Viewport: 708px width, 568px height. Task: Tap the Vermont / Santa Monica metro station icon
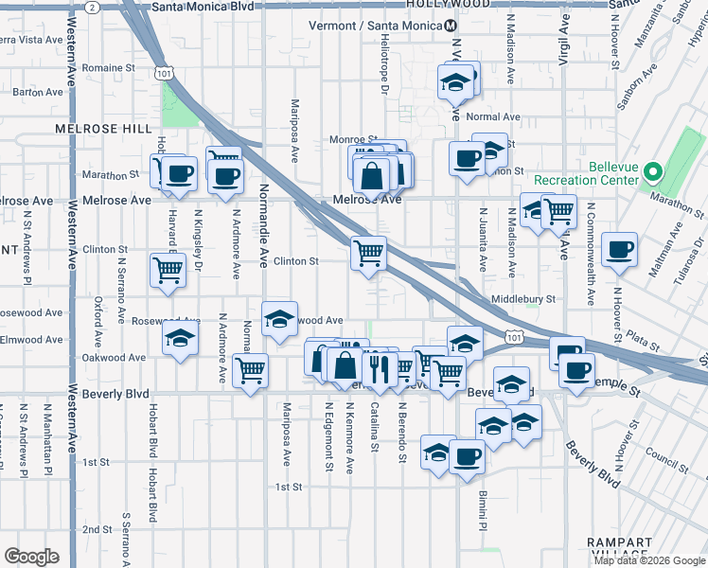pyautogui.click(x=451, y=25)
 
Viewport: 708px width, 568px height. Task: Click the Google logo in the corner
pyautogui.click(x=31, y=557)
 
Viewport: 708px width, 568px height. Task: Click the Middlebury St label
pyautogui.click(x=522, y=299)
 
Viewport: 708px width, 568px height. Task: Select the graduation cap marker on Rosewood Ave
pyautogui.click(x=279, y=319)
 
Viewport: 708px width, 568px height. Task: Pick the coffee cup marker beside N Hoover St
pyautogui.click(x=619, y=249)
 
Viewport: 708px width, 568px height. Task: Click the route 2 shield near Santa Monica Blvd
pyautogui.click(x=92, y=7)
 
